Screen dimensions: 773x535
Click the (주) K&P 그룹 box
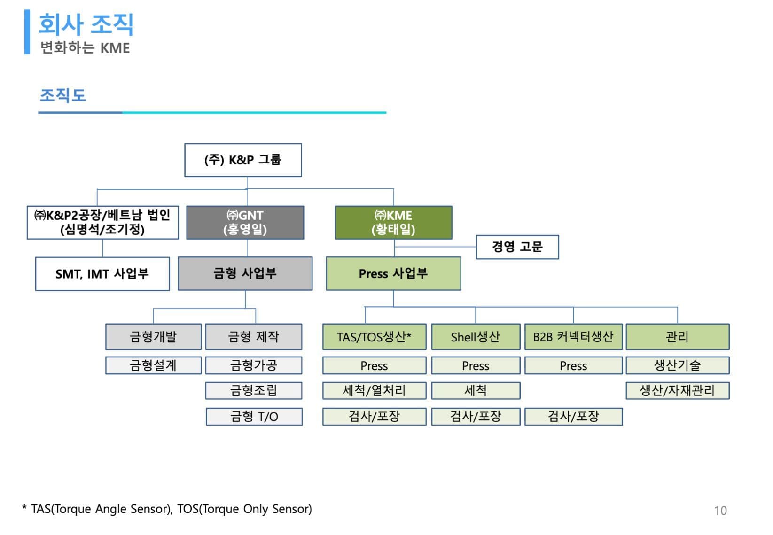click(243, 160)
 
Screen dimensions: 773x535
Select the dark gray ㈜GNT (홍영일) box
click(245, 223)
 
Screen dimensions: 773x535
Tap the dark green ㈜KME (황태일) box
click(393, 223)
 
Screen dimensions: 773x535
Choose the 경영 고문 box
click(517, 247)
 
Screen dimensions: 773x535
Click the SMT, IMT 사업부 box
click(102, 274)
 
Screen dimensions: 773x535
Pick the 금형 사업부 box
click(245, 273)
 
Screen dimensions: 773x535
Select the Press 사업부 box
click(393, 273)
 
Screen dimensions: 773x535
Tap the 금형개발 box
click(153, 337)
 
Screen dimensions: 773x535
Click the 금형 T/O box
click(254, 417)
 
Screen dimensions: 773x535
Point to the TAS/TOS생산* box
click(375, 337)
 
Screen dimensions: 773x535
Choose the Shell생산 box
click(476, 337)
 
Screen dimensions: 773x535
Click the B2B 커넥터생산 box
click(574, 337)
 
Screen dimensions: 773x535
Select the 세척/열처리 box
click(375, 390)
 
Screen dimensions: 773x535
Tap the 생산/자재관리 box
click(678, 390)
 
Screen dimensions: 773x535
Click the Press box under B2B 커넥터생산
click(574, 365)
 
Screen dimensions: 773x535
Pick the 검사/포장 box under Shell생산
click(476, 417)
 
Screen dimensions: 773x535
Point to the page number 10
click(720, 511)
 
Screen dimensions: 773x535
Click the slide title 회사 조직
click(86, 24)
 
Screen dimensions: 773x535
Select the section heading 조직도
click(63, 95)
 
